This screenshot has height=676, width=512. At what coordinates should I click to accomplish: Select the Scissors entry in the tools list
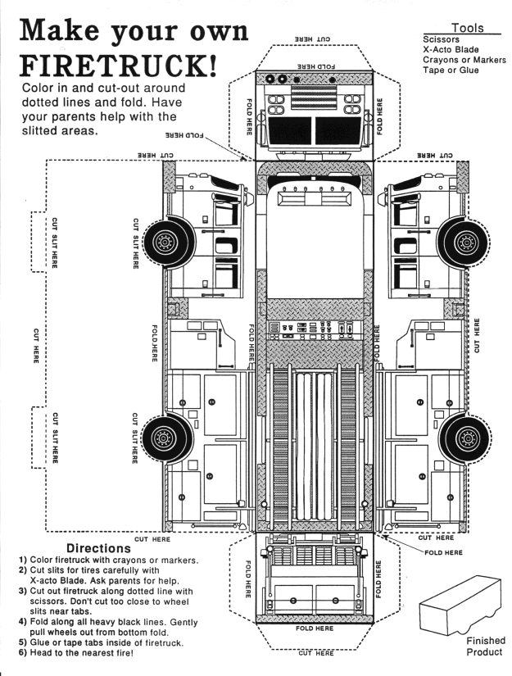[x=442, y=39]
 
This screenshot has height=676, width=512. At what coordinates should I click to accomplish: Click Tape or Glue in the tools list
[x=451, y=70]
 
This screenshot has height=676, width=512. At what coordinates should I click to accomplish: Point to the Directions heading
[x=98, y=547]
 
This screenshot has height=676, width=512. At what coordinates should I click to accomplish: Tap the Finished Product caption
[x=486, y=646]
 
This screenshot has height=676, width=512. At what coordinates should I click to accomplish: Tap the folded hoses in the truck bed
[x=315, y=447]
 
